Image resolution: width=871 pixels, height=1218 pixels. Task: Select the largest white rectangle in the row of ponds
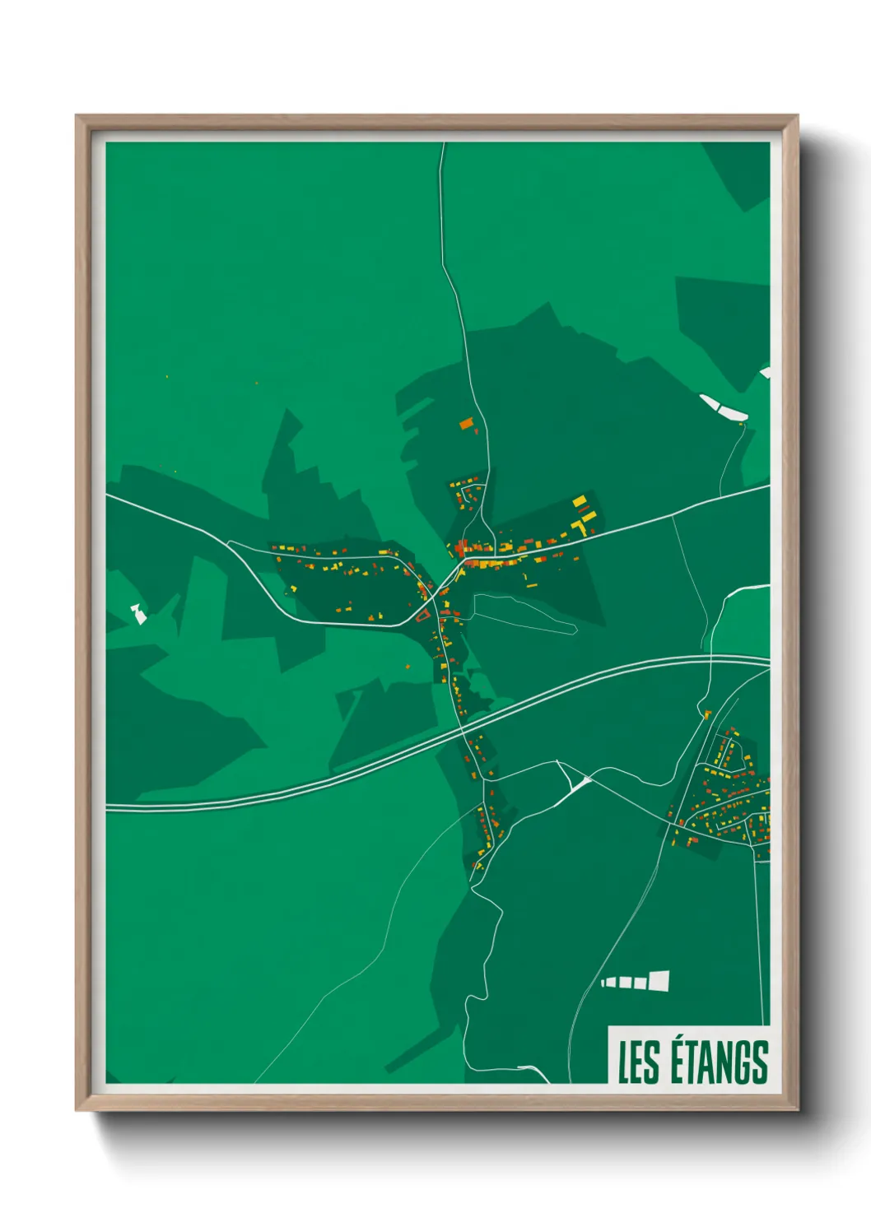(x=659, y=979)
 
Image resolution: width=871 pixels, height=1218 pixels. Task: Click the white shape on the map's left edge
(x=138, y=613)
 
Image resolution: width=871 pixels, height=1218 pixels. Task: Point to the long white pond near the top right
(x=723, y=407)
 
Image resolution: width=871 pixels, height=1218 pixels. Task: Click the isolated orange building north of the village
(x=467, y=425)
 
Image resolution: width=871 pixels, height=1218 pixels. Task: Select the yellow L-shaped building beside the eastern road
(x=585, y=518)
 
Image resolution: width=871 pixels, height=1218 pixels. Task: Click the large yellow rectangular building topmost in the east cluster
(x=580, y=500)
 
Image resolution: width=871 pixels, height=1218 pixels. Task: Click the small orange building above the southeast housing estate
(x=706, y=713)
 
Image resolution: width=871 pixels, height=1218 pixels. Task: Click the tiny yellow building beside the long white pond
(x=743, y=425)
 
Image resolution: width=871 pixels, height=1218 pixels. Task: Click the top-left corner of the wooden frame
(x=77, y=117)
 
